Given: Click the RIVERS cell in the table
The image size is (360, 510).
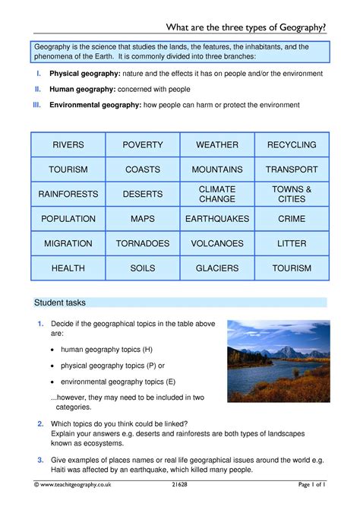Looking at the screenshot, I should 68,144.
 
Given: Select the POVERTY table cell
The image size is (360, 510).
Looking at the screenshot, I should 143,144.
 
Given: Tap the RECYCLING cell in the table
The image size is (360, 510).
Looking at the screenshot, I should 292,144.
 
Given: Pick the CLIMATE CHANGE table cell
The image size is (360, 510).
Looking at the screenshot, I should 217,194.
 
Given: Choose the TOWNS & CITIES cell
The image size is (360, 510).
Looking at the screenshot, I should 292,194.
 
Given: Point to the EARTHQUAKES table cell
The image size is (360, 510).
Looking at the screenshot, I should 217,219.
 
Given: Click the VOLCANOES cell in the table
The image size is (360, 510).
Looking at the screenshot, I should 217,244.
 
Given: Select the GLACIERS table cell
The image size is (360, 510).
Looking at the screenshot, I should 217,268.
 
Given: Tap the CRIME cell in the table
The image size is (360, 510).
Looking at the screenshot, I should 292,219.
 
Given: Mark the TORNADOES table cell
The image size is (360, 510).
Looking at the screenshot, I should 143,244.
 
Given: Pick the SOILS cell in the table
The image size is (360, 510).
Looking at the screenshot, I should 143,268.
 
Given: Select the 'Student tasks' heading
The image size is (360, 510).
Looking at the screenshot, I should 61,303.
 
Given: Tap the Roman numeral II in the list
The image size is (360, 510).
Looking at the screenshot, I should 37,89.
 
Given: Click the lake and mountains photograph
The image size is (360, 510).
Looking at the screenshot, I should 278,360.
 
